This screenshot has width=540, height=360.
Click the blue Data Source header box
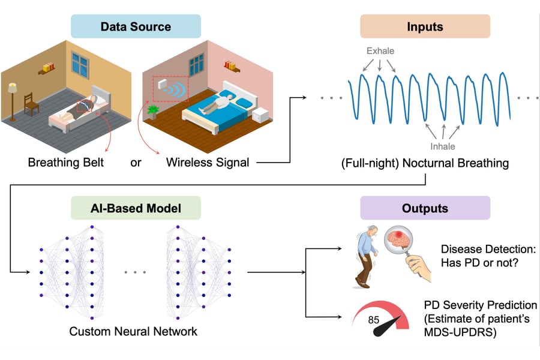pos(136,27)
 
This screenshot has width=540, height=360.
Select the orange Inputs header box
pos(425,27)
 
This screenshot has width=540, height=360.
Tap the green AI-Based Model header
pos(136,208)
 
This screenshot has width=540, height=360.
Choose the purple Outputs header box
pos(425,208)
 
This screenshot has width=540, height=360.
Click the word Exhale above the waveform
pos(380,51)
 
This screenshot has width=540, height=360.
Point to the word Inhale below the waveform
pos(443,146)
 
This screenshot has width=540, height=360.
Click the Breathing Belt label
pos(67,162)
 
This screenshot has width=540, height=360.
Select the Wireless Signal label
pos(208,162)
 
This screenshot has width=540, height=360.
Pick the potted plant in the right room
pos(152,112)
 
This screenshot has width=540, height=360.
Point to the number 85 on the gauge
pos(374,320)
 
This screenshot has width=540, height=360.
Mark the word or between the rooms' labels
pos(136,162)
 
